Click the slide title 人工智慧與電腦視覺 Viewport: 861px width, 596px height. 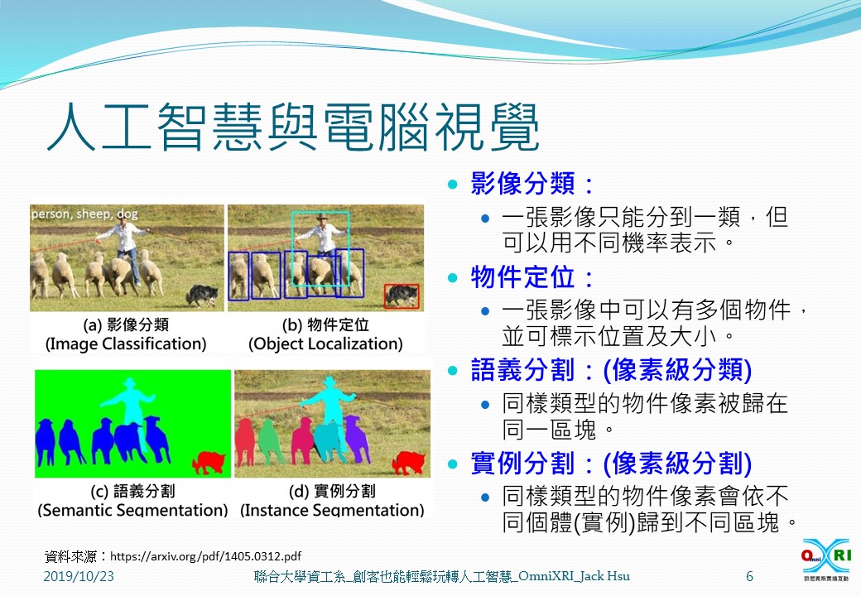(293, 127)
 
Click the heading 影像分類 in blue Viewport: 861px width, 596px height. (523, 183)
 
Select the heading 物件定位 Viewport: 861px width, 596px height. (523, 276)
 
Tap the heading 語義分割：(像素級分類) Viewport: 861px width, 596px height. (611, 370)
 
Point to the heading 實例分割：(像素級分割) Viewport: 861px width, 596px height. (611, 464)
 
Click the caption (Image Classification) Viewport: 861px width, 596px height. (126, 344)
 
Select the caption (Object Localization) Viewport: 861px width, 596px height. (325, 344)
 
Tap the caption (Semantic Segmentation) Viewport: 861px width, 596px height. (133, 510)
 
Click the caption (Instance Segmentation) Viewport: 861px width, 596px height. (332, 510)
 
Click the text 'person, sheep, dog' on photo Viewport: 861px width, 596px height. (84, 214)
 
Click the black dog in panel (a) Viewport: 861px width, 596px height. (202, 295)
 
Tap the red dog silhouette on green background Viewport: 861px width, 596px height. (209, 463)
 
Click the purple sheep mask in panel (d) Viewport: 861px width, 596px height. (357, 438)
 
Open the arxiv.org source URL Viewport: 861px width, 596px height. (205, 556)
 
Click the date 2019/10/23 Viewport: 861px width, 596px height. (79, 576)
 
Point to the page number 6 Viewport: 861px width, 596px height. (749, 576)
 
